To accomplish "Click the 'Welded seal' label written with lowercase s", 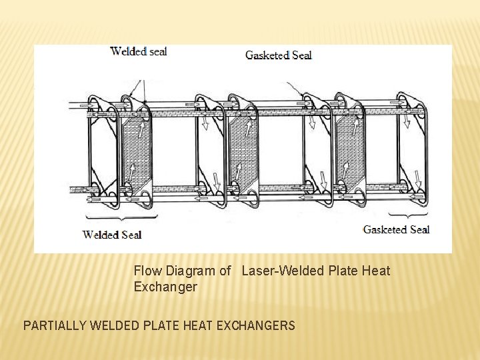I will tap(139, 51).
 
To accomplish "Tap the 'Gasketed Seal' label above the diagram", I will tap(278, 55).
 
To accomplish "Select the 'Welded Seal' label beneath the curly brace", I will tap(111, 234).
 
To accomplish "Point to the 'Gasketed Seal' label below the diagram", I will tap(396, 229).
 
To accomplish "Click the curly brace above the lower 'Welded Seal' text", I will tap(121, 217).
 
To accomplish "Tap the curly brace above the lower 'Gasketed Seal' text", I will tap(408, 215).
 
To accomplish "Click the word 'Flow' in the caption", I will tap(146, 271).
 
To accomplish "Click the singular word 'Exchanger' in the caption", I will tap(165, 287).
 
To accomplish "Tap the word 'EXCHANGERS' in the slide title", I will tap(258, 326).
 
